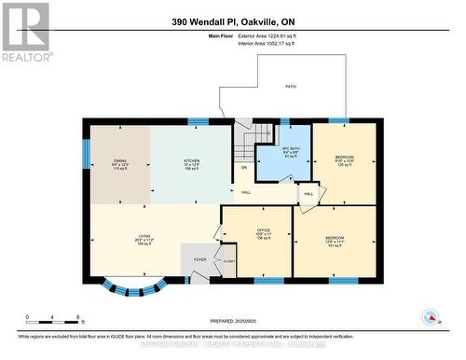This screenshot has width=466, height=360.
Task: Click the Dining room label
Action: [120, 160]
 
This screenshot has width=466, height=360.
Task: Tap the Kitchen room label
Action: [192, 160]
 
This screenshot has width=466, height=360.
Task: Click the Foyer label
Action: [199, 259]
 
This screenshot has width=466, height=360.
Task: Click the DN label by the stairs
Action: [244, 168]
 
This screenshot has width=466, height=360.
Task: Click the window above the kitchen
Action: [198, 121]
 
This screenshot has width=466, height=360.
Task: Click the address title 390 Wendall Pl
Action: [232, 21]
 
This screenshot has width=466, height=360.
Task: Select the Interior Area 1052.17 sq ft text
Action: [272, 43]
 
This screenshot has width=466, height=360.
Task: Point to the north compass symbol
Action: [430, 319]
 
